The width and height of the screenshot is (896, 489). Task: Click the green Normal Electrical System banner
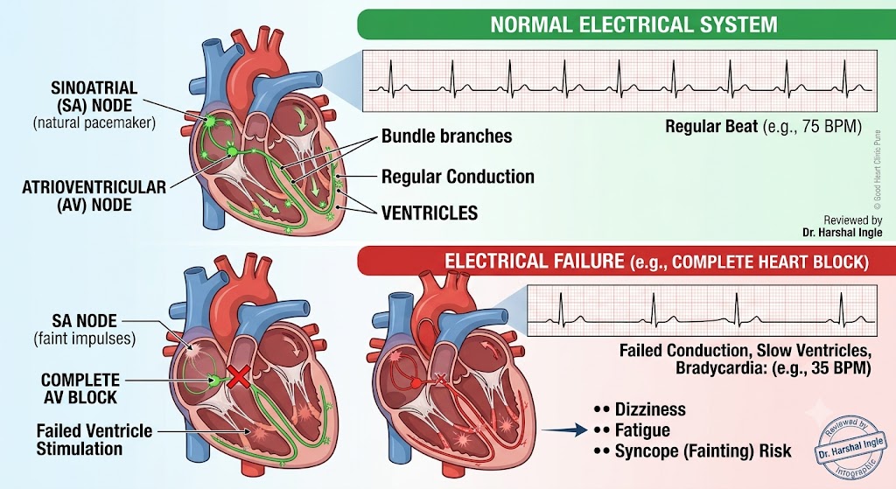(x=626, y=24)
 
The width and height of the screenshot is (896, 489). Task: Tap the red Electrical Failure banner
(x=626, y=261)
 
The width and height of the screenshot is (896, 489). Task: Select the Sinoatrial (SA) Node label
(x=94, y=105)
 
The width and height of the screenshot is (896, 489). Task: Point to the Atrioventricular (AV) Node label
(x=94, y=195)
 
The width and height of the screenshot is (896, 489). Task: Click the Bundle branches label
(x=447, y=136)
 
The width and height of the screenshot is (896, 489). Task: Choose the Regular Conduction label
(x=458, y=177)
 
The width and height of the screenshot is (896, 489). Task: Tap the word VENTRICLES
(x=429, y=213)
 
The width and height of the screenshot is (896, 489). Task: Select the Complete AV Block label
(x=80, y=388)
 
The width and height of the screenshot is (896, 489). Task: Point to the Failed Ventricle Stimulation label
(x=94, y=439)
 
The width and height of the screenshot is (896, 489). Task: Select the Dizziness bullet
(x=640, y=409)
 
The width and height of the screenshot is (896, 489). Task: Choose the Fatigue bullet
(x=632, y=430)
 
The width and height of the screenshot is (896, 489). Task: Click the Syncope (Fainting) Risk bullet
(x=693, y=451)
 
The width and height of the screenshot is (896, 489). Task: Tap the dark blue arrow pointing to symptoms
(x=564, y=430)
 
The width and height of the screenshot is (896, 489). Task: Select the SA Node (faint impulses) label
(x=85, y=330)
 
